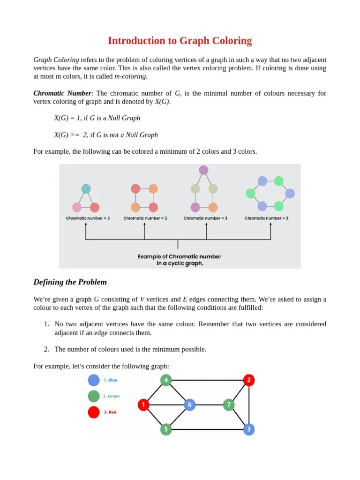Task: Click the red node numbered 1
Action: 143,404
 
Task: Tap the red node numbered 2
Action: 249,380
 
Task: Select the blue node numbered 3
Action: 249,429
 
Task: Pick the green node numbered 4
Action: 166,380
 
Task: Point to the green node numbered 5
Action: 166,429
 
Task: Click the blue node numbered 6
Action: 189,404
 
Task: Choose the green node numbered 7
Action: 229,404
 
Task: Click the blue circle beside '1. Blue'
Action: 94,380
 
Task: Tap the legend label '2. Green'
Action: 111,396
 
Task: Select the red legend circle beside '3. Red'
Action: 94,412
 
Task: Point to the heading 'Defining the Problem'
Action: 70,282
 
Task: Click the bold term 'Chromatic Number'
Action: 62,93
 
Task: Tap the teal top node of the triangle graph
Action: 86,189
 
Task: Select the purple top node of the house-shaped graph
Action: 203,170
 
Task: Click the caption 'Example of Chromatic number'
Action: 179,256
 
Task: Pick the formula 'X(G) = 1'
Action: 67,118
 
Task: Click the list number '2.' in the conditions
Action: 46,349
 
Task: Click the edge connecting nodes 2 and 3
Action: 249,404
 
